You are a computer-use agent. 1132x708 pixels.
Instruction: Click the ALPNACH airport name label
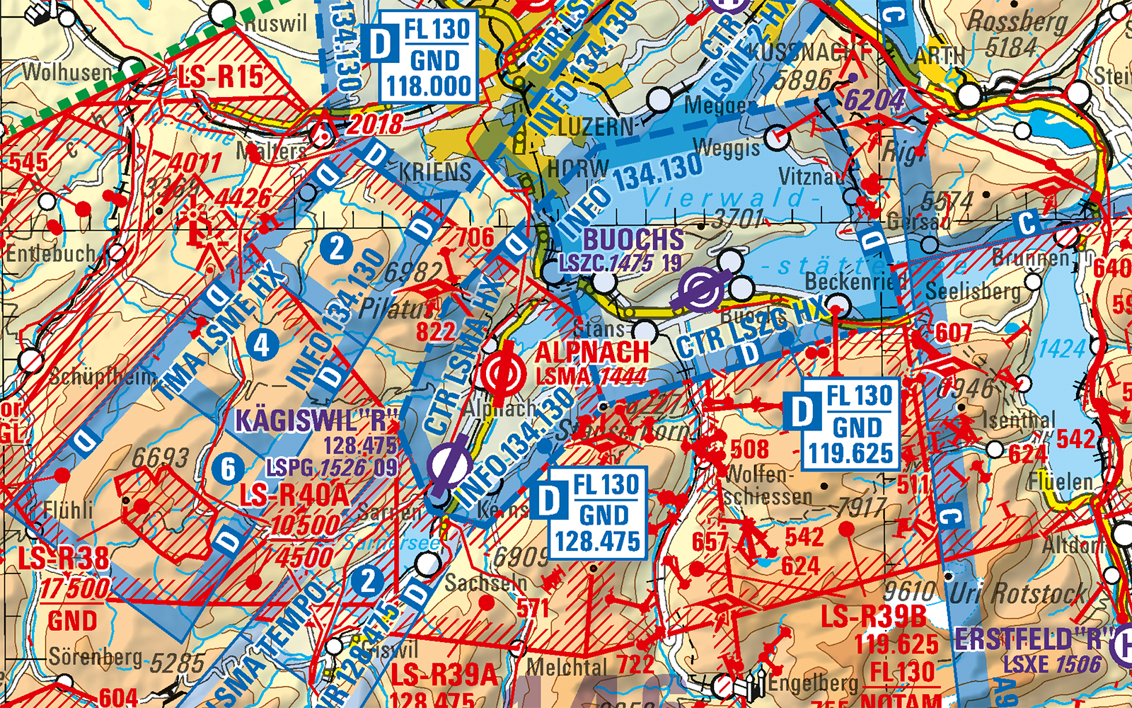tap(591, 352)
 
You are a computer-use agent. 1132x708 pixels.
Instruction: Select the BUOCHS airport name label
tap(633, 239)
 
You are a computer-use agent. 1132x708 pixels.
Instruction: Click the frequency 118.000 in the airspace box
tap(429, 86)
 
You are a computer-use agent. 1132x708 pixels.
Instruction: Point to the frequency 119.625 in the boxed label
tap(851, 453)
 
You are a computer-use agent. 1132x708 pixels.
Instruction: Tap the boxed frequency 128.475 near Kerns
tap(598, 542)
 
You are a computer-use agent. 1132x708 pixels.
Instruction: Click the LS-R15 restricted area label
tap(221, 76)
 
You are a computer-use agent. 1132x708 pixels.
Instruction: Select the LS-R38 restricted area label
tap(64, 558)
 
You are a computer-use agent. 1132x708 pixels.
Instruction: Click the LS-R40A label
tap(294, 495)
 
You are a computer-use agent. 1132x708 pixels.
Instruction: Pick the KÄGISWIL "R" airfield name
tap(317, 421)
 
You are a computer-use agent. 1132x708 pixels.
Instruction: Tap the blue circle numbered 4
tap(262, 346)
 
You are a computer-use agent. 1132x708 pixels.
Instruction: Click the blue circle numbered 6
tap(228, 469)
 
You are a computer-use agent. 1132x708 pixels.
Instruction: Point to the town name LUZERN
tap(596, 127)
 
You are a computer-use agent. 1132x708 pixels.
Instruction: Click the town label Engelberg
tap(812, 683)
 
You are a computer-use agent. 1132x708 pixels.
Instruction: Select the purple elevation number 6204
tap(874, 101)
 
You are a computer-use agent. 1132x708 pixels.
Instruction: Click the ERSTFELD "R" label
tap(1029, 639)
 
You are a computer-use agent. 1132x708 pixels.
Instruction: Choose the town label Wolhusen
tap(67, 72)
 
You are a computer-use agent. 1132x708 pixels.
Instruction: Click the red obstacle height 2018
tap(375, 125)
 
